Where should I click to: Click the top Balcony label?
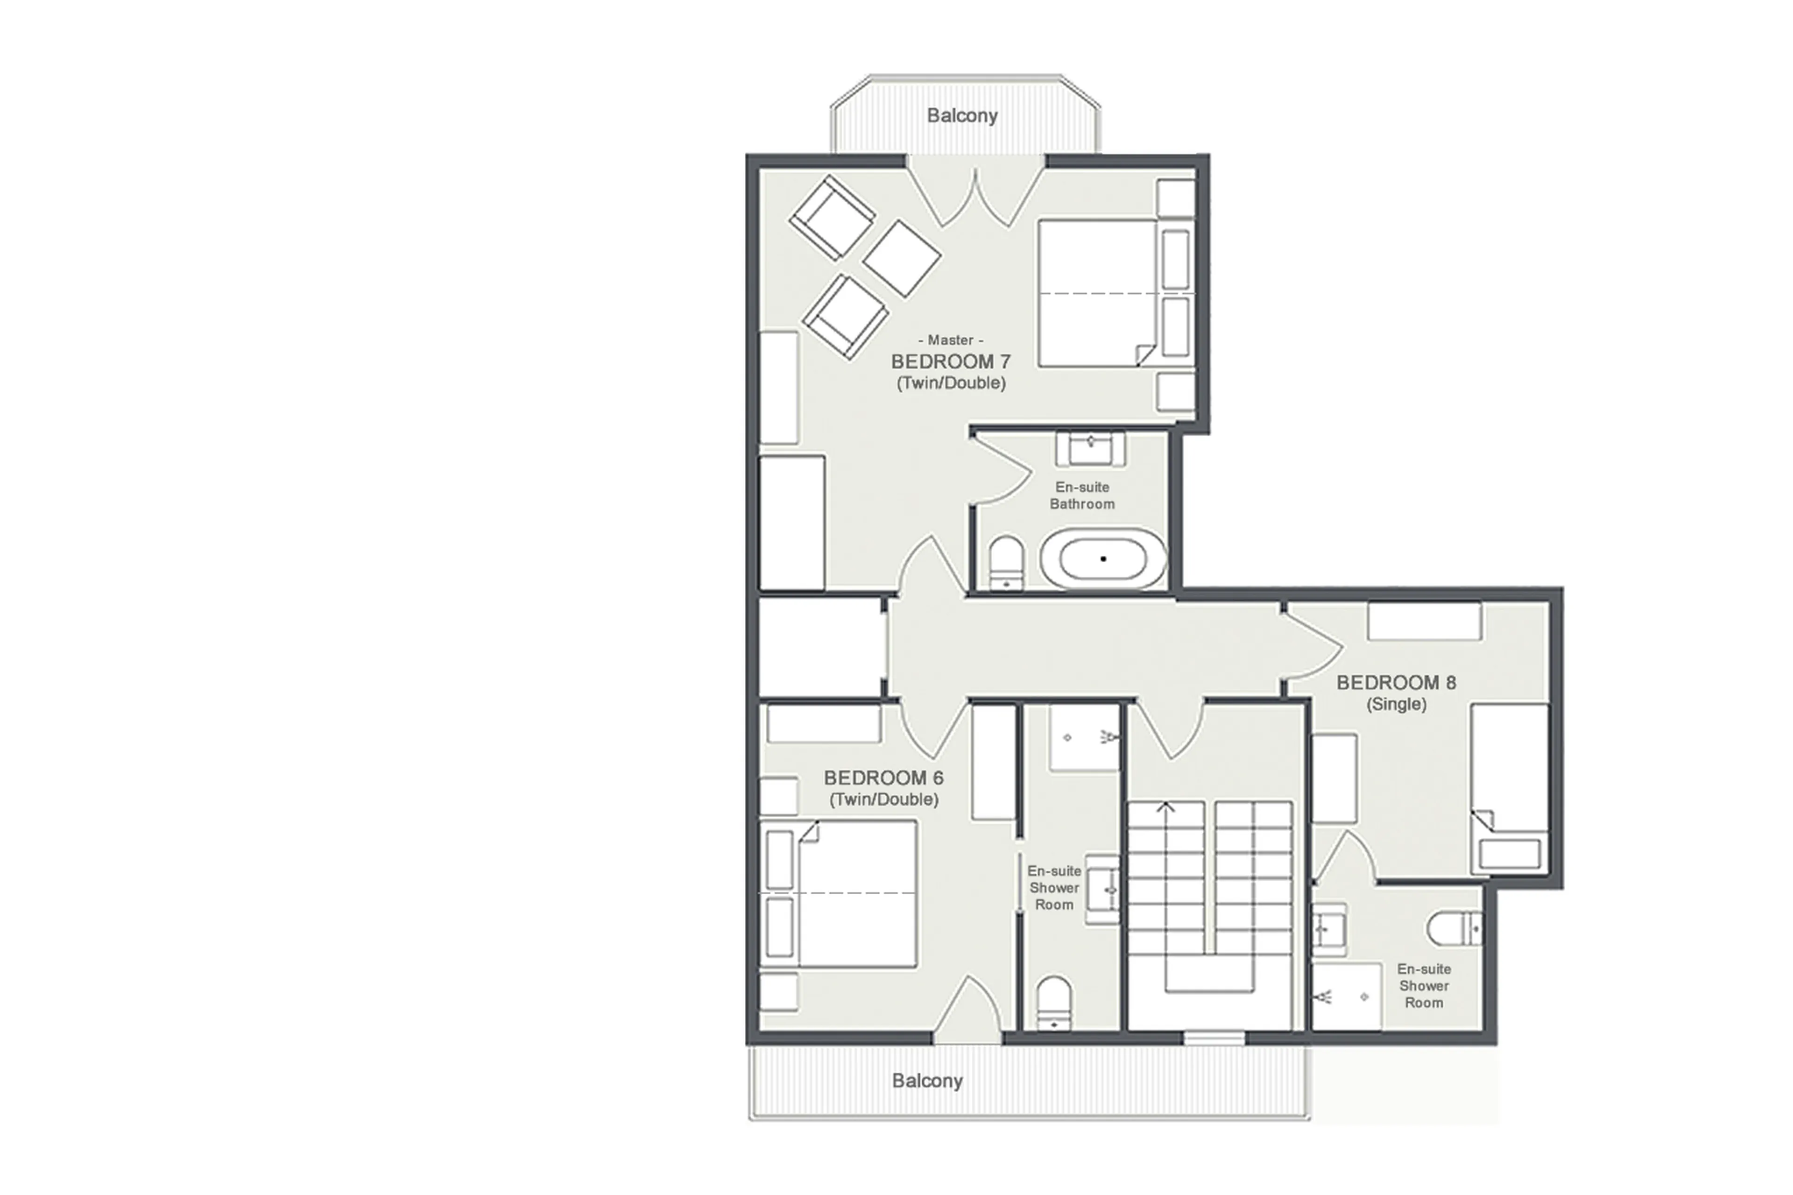pos(962,116)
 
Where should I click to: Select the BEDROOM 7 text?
pos(950,361)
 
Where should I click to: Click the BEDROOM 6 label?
pos(883,778)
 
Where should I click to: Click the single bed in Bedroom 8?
pos(1509,785)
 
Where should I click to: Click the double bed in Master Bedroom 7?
pos(1105,293)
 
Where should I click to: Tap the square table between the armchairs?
pos(902,258)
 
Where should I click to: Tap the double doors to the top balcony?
pos(975,194)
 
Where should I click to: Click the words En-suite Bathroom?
pos(1081,495)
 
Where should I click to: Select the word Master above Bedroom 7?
pos(950,340)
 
